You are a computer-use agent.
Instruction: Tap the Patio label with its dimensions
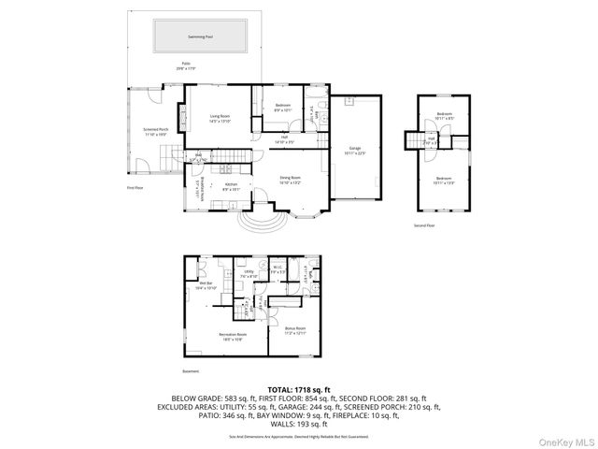click(x=188, y=65)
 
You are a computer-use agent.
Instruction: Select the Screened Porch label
click(x=156, y=132)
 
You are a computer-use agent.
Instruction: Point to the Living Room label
click(x=220, y=118)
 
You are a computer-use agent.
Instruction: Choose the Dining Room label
click(x=291, y=180)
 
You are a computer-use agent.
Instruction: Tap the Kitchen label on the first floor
click(x=232, y=187)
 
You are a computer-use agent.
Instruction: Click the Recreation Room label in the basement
click(x=234, y=336)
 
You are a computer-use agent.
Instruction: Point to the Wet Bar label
click(x=205, y=286)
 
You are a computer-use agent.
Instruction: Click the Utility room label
click(x=249, y=274)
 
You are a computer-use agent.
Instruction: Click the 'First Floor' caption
click(x=136, y=188)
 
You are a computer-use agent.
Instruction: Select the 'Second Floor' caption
click(x=424, y=224)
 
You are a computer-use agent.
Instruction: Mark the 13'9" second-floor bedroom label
click(x=444, y=180)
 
